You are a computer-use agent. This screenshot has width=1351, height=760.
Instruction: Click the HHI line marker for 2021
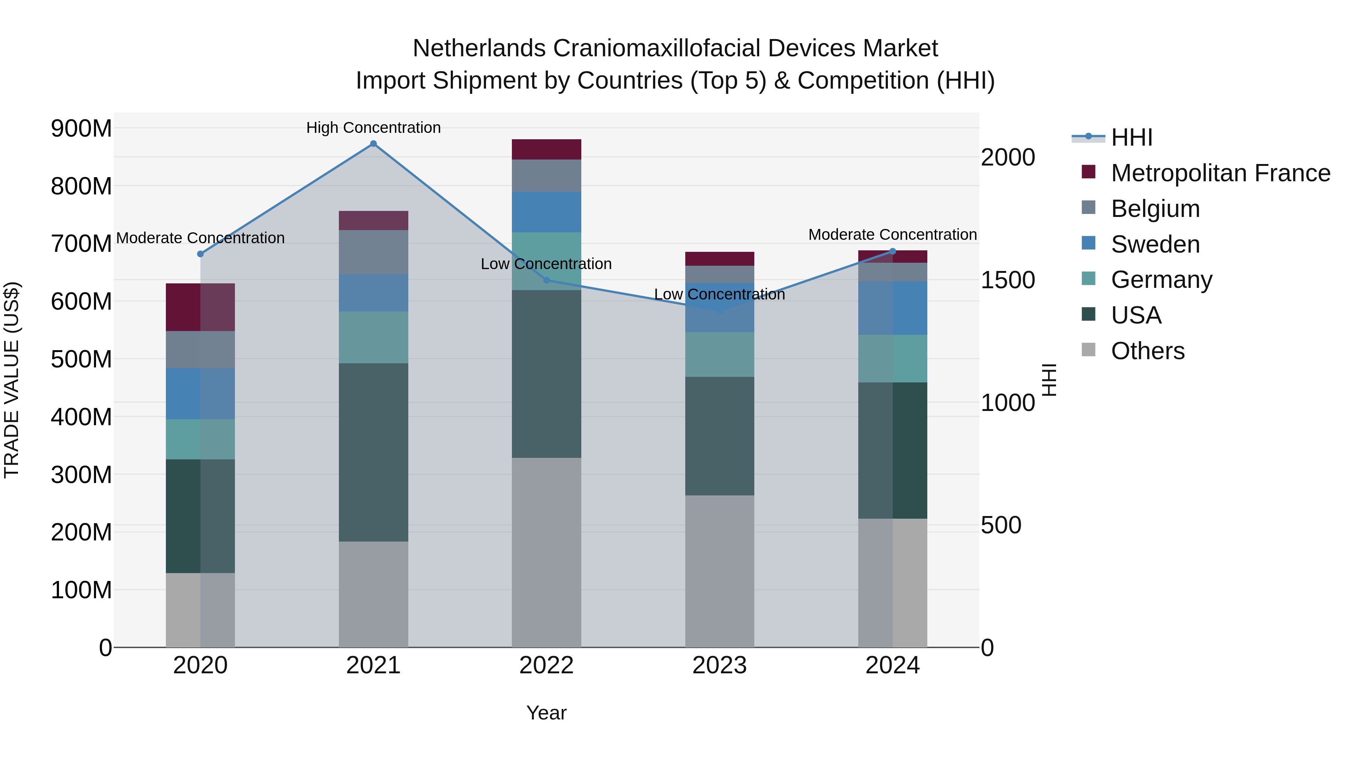tap(373, 144)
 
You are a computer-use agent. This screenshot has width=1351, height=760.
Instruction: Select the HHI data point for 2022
tap(546, 280)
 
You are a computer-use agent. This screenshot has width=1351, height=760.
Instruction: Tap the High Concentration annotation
tap(373, 128)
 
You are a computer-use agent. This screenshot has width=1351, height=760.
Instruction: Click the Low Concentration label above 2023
tap(719, 295)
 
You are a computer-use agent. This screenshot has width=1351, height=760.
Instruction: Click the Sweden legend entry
tap(1155, 244)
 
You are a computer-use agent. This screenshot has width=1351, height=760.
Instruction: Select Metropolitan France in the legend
tap(1220, 173)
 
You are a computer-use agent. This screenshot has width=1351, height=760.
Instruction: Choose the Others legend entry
tap(1148, 351)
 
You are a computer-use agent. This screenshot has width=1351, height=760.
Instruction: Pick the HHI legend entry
tap(1131, 137)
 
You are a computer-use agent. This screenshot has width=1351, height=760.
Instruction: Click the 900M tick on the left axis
tap(81, 128)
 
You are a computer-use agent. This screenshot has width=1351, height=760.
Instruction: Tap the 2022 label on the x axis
tap(546, 665)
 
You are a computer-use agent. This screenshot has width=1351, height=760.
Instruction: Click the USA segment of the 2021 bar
tap(373, 452)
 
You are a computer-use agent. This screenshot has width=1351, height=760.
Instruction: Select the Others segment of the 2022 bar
tap(546, 552)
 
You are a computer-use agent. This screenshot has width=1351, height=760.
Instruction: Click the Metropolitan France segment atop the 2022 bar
tap(546, 149)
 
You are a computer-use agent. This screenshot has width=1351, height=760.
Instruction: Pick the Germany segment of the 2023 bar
tap(719, 355)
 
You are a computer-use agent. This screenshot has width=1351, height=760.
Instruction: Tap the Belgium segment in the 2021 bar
tap(373, 252)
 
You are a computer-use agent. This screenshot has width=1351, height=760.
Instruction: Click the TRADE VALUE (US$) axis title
tap(12, 380)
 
